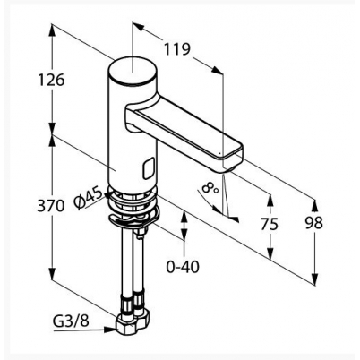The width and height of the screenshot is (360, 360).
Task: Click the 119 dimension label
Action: tap(177, 49)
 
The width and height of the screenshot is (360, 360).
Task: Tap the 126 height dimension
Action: tap(51, 80)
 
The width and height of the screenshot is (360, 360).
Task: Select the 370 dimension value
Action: tap(51, 206)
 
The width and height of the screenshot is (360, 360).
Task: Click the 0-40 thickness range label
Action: tap(183, 267)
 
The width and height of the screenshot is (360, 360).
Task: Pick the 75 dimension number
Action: tap(270, 224)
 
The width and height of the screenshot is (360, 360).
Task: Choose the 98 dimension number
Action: tap(314, 223)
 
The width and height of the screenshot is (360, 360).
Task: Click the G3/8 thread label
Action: tap(71, 322)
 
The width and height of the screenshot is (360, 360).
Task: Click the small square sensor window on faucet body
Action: tap(149, 168)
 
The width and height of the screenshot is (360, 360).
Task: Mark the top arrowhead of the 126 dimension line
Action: tap(52, 30)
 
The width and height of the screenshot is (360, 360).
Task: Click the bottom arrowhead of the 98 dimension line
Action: tap(314, 279)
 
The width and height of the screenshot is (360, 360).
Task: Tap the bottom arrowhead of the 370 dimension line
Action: tap(52, 274)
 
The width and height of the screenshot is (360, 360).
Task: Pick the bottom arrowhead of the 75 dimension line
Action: tap(270, 253)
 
